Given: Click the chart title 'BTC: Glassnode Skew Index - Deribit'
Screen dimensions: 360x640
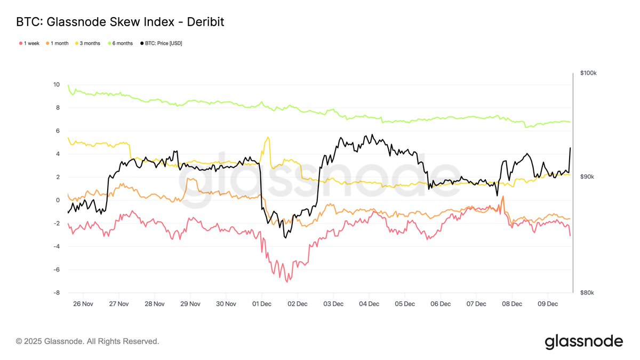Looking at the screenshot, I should coord(120,22).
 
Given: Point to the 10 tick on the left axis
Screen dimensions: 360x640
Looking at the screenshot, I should coord(57,84).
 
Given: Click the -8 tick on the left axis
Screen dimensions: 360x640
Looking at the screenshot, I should coord(57,293).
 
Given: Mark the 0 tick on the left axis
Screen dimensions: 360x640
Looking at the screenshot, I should coord(58,200).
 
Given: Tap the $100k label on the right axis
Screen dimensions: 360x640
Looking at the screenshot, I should coord(588,73).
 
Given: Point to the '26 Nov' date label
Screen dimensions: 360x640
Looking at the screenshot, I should coord(83,304).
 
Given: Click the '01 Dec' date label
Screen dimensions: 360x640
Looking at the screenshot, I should coord(262,304).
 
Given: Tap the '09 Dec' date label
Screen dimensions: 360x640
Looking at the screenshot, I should coord(548,304).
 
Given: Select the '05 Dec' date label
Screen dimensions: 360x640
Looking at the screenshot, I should coord(405,304).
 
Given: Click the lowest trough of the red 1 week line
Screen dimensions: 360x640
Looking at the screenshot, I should coord(288,282).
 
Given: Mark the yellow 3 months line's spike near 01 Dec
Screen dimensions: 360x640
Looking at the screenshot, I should coord(267,138).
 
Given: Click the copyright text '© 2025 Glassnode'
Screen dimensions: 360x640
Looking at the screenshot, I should coord(87,341).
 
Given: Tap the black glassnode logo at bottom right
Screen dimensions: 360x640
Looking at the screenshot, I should coord(583,341).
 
